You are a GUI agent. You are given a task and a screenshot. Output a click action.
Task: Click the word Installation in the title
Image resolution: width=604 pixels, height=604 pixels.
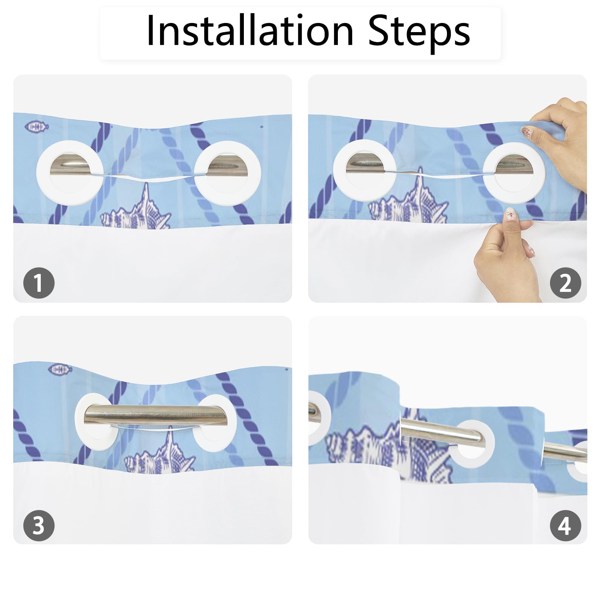coord(250,31)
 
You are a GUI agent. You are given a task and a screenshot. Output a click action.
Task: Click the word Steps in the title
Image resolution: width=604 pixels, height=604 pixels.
coord(419,33)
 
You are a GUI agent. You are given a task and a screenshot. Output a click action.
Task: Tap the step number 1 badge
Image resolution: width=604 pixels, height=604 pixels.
coord(39,283)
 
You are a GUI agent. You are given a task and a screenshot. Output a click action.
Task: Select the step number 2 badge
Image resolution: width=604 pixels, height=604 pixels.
coord(565,283)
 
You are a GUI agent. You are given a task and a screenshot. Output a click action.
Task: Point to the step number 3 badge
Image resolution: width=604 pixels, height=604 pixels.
coord(39,525)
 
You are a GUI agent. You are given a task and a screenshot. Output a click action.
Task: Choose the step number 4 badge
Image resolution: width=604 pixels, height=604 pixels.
coord(565,525)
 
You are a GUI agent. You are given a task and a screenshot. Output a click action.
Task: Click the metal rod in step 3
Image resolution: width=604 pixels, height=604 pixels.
coord(155,414)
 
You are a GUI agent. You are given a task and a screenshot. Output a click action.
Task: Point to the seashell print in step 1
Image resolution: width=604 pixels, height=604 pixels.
coord(136,208)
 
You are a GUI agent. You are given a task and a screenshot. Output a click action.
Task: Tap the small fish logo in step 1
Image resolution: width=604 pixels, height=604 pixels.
coord(37,127)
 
